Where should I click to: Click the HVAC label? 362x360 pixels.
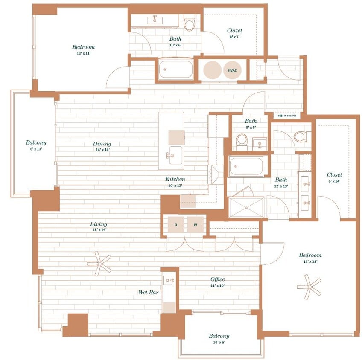coord(232,70)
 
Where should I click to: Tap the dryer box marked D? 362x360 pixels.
coord(175,224)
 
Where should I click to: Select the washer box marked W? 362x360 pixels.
coord(196,224)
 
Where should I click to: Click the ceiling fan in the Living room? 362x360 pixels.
coord(99,263)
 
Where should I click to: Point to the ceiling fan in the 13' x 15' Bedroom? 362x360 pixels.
coord(309,286)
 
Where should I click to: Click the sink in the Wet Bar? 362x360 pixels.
coord(169,280)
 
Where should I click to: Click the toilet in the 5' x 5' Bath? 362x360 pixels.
coord(242,140)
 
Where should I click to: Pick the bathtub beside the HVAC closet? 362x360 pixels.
coord(175,70)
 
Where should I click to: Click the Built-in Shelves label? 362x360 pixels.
coord(287,116)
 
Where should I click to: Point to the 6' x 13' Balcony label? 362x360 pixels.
coord(36,145)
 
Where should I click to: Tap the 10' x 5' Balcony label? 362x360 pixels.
coord(219,339)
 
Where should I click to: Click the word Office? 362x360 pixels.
coord(217,279)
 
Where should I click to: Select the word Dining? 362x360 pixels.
coord(102,144)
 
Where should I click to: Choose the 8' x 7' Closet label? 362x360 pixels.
coord(234,33)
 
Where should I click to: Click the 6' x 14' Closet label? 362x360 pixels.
coord(334,177)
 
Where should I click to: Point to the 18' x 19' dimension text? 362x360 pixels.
coord(98,230)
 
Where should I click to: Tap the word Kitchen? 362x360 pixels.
coord(175,179)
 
